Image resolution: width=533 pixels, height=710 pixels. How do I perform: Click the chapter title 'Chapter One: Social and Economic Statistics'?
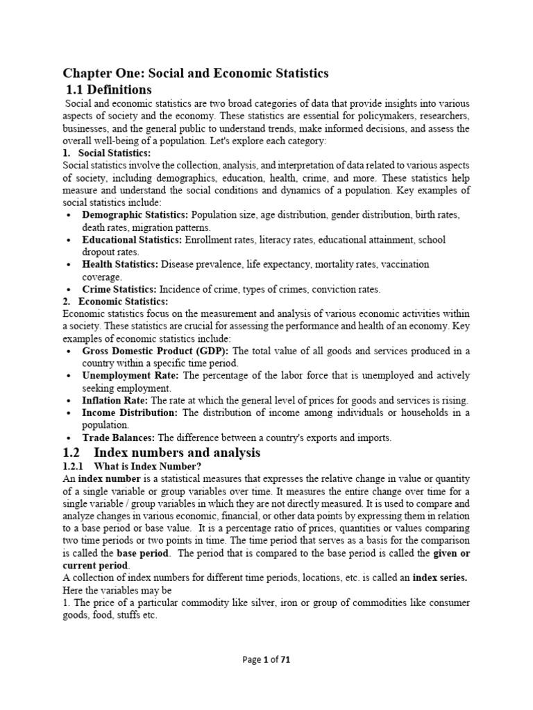pyautogui.click(x=196, y=73)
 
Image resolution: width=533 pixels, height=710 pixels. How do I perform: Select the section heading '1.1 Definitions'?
pyautogui.click(x=109, y=89)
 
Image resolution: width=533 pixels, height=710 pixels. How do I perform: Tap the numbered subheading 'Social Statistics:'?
pyautogui.click(x=115, y=153)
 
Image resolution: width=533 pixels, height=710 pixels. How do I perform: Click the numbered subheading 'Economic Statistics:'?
pyautogui.click(x=123, y=302)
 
